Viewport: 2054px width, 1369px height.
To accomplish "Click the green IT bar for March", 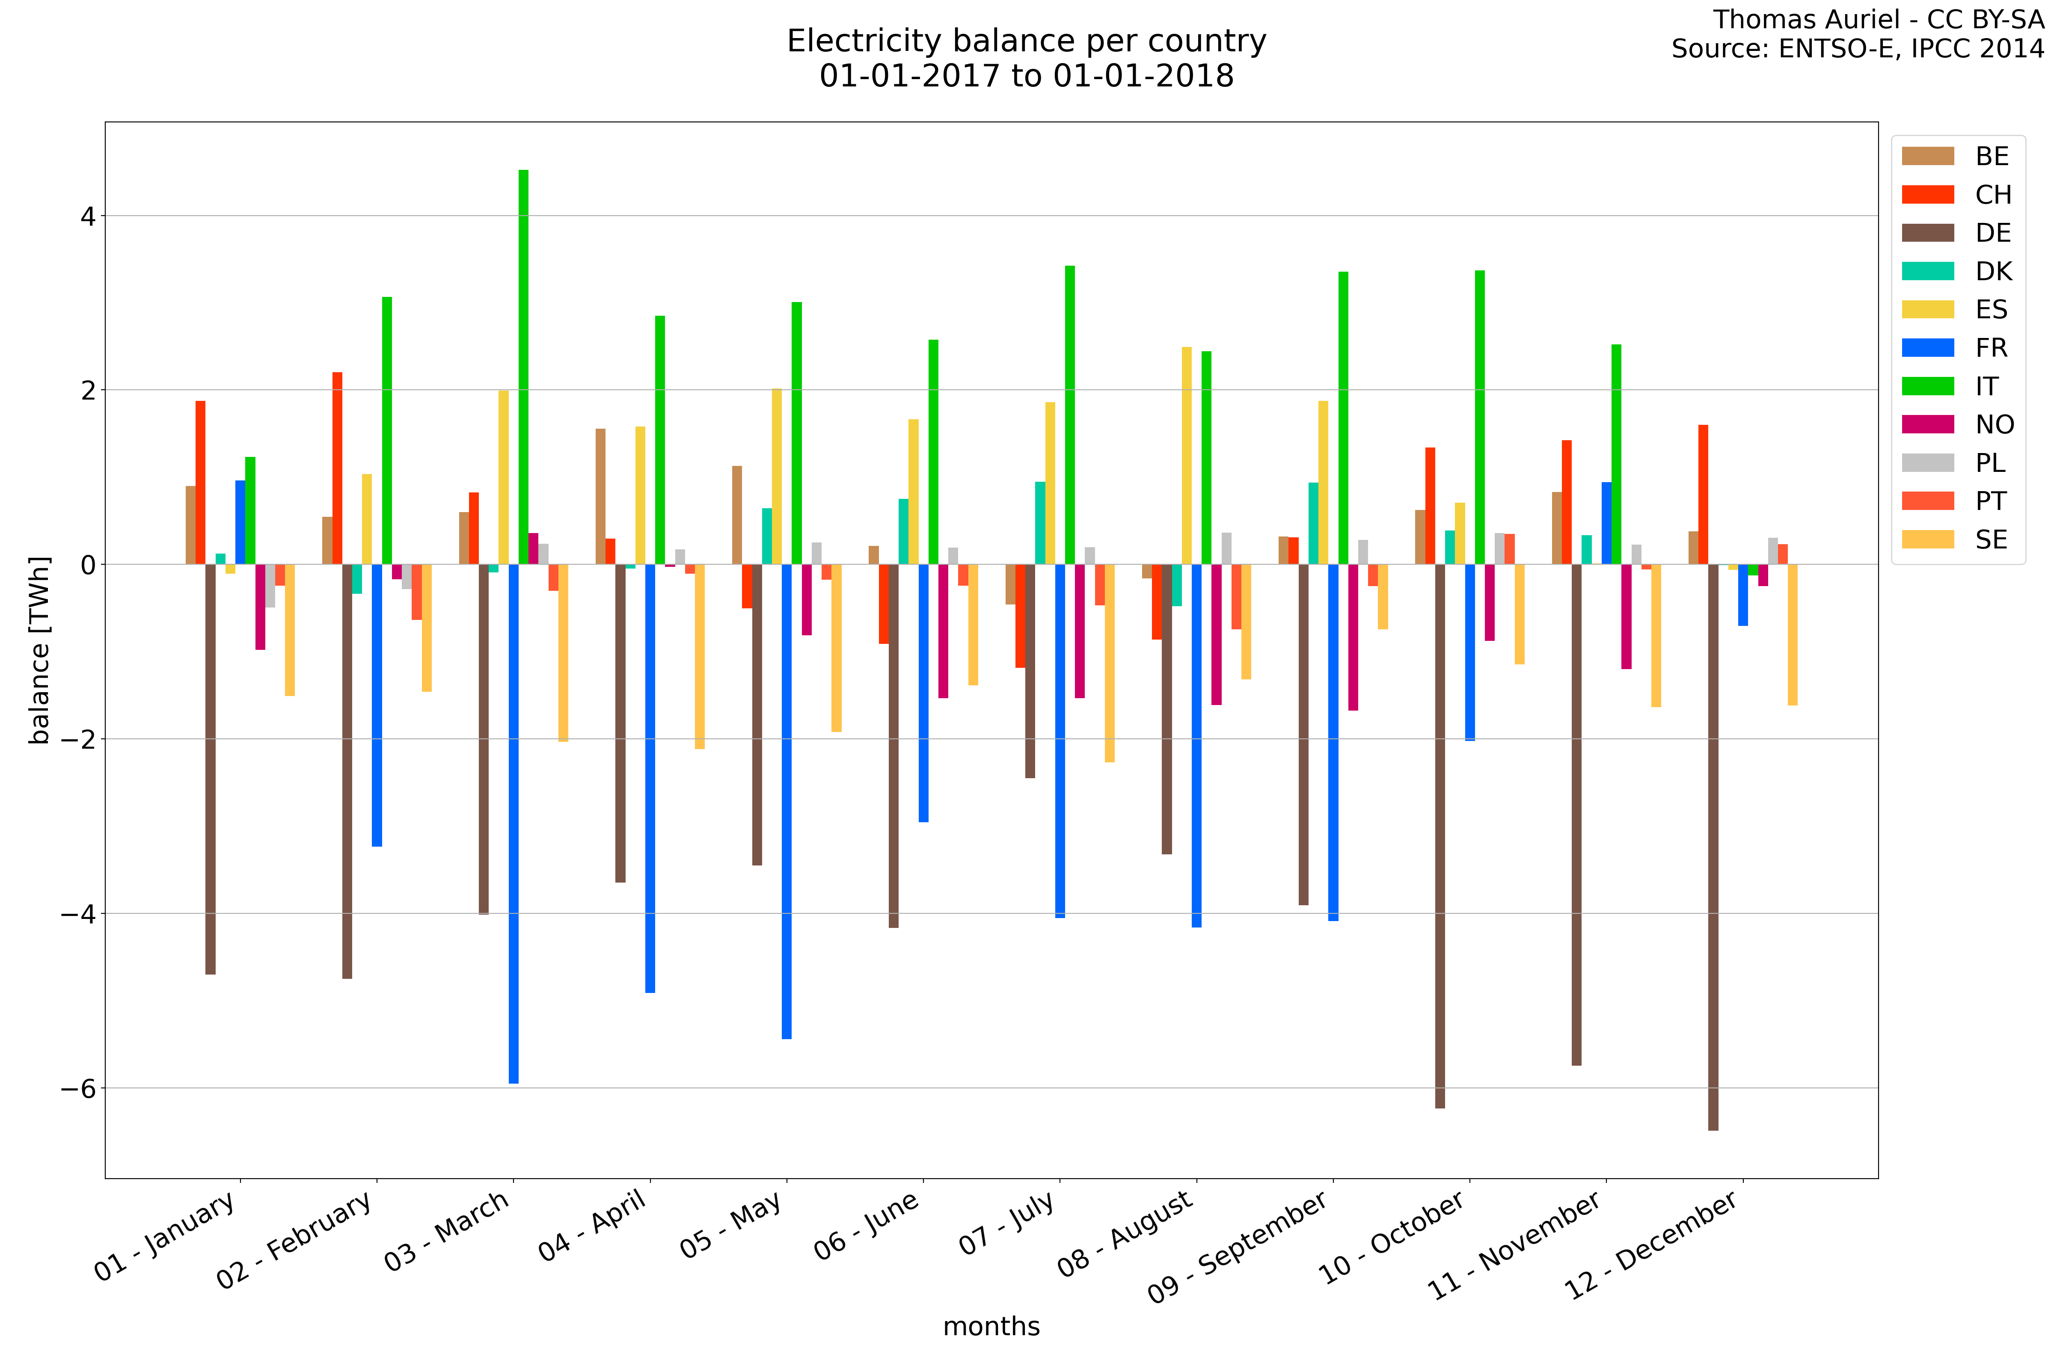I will (523, 367).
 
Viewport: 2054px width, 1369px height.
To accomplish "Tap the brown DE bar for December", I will (1713, 847).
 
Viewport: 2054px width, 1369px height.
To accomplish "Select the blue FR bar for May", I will (787, 801).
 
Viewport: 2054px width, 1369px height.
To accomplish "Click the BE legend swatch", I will (1927, 156).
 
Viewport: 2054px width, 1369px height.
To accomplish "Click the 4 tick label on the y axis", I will (87, 216).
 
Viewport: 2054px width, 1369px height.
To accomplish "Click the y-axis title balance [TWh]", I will (39, 650).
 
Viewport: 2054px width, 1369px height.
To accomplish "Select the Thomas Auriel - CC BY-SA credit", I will (1878, 19).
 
